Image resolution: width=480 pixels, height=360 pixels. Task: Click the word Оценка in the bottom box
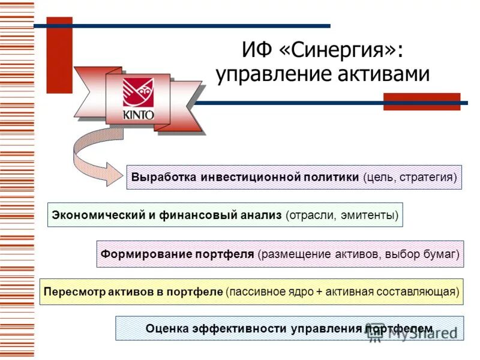(x=167, y=329)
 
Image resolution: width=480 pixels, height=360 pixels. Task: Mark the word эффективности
(x=239, y=329)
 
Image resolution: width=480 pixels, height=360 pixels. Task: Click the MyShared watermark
(x=414, y=334)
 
